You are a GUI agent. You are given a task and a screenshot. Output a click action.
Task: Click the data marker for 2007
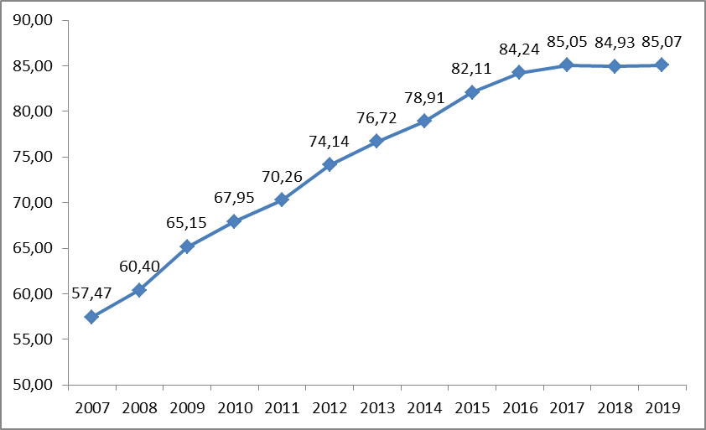(91, 317)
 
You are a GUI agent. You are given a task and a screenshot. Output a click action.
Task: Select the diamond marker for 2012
(330, 164)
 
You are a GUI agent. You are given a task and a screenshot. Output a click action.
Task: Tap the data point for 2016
(519, 72)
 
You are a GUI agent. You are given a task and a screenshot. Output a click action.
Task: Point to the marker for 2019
(662, 65)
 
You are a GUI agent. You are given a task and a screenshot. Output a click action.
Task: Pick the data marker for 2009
(187, 246)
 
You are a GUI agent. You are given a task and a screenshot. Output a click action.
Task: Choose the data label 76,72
(376, 118)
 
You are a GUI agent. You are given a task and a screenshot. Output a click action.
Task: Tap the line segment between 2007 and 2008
(115, 303)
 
